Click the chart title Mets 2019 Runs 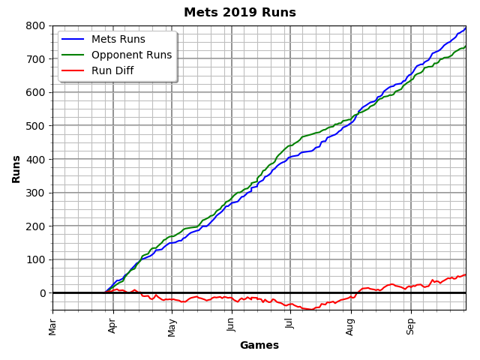pyautogui.click(x=240, y=13)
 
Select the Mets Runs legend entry pyautogui.click(x=118, y=40)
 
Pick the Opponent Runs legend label pyautogui.click(x=131, y=55)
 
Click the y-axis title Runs pyautogui.click(x=16, y=169)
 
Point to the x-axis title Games pyautogui.click(x=259, y=346)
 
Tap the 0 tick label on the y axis pyautogui.click(x=43, y=293)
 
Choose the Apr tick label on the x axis pyautogui.click(x=112, y=325)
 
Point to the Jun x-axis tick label pyautogui.click(x=231, y=325)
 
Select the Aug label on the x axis pyautogui.click(x=350, y=325)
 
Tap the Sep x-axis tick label pyautogui.click(x=410, y=325)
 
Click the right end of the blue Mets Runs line pyautogui.click(x=465, y=28)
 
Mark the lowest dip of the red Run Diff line pyautogui.click(x=310, y=309)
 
